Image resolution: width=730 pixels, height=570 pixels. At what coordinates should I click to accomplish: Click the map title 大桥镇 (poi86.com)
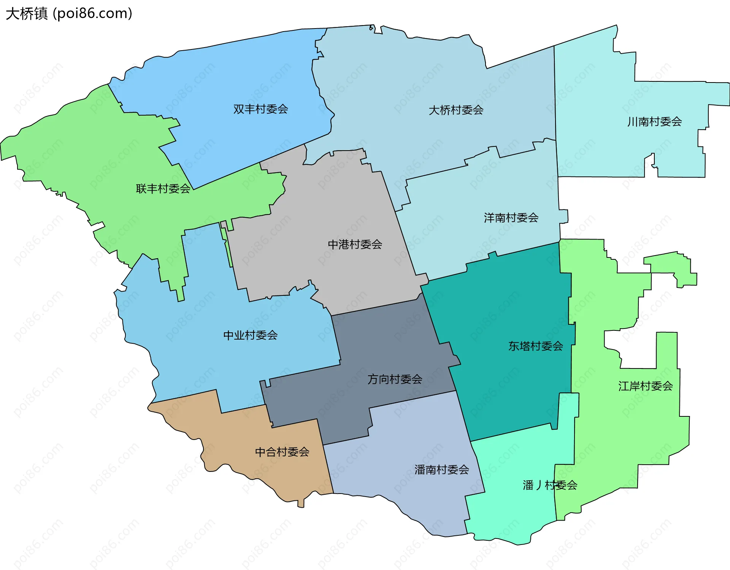point(69,14)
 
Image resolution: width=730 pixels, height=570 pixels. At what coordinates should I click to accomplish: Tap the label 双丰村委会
point(260,109)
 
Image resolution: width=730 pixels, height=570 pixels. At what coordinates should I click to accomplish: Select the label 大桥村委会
point(456,110)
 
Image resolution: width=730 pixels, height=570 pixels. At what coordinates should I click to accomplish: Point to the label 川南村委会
point(654,122)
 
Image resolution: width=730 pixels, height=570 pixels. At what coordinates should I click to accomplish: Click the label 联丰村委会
point(163,189)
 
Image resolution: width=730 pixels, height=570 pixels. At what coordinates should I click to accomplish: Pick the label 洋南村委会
point(511,218)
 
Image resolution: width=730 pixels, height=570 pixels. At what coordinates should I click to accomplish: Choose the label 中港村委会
point(355,245)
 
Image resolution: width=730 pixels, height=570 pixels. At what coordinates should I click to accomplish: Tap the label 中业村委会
point(250,335)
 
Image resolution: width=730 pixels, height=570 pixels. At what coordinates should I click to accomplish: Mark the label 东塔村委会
point(535,346)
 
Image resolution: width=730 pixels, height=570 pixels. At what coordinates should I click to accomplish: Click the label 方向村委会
point(395,379)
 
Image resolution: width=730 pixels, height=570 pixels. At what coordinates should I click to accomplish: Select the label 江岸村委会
point(645,386)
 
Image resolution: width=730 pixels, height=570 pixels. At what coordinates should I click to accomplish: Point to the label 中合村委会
point(282,452)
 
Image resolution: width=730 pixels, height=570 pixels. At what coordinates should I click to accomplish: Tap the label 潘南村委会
point(441,470)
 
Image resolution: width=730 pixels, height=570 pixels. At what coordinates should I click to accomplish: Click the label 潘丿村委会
point(550,485)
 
